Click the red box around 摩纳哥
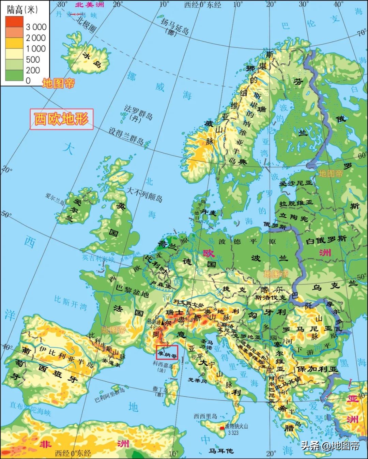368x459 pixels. (x=167, y=352)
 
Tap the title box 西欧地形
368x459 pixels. (x=61, y=119)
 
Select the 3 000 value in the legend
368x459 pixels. (x=36, y=27)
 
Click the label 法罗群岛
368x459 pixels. (x=138, y=111)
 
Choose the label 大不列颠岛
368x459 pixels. (x=144, y=194)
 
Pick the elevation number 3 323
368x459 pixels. (x=233, y=433)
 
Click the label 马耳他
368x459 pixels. (x=221, y=451)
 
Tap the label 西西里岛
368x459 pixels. (x=205, y=416)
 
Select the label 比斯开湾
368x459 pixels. (x=71, y=302)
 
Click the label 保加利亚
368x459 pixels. (x=317, y=369)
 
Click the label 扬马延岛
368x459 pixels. (x=175, y=26)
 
